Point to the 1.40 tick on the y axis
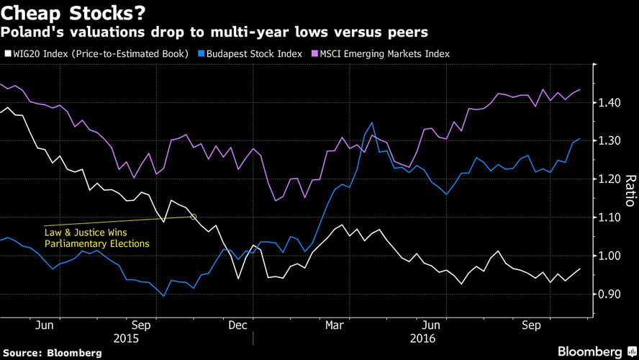tap(609, 103)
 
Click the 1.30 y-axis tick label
tap(609, 141)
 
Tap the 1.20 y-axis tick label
tap(609, 179)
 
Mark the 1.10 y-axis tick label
tap(609, 217)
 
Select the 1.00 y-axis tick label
tap(609, 256)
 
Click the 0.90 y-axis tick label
tap(609, 294)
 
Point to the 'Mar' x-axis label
tap(334, 325)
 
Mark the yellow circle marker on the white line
tap(193, 216)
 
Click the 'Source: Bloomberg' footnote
tap(51, 353)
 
